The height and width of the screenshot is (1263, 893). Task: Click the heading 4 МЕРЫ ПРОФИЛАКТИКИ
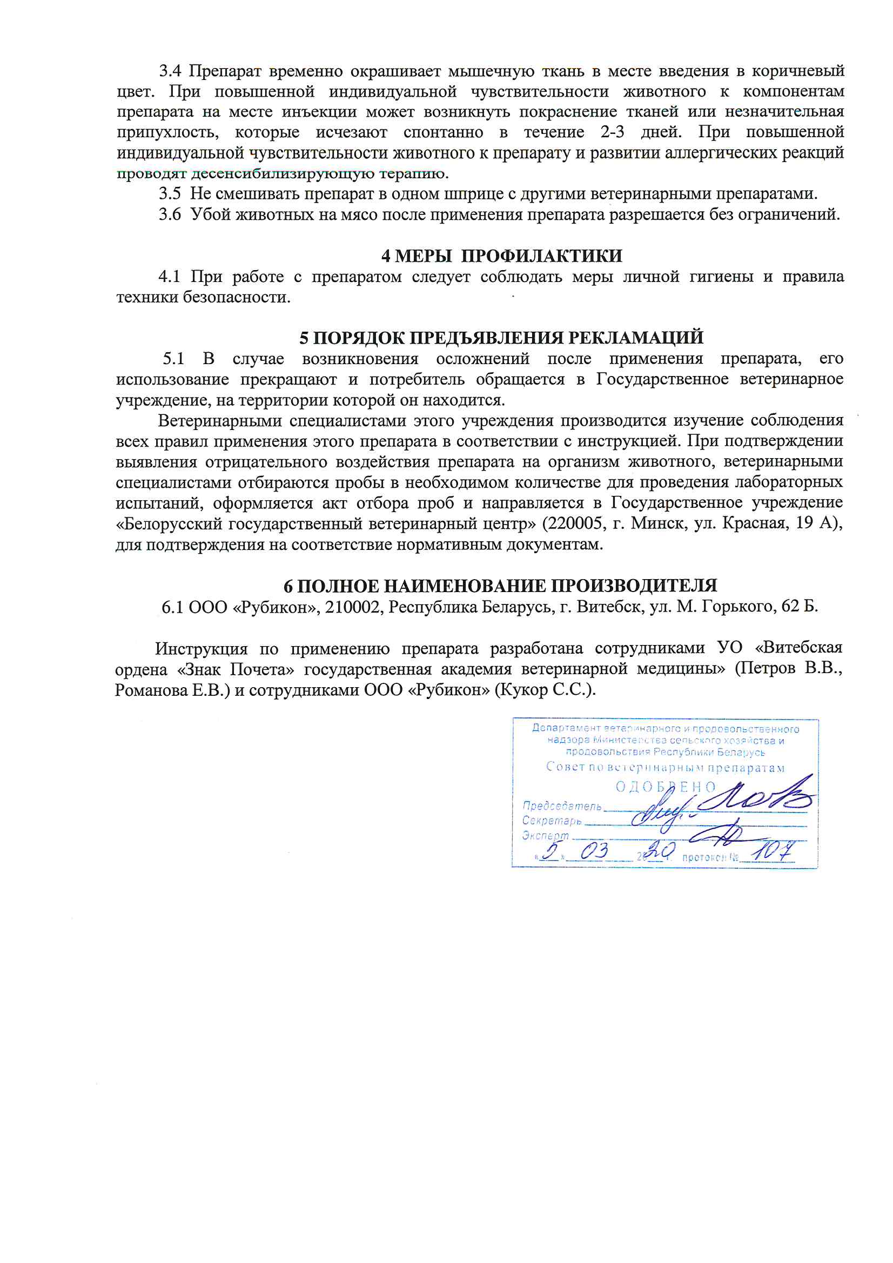(x=501, y=256)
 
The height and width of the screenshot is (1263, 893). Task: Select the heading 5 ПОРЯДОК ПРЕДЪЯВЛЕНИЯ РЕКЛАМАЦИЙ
(x=501, y=337)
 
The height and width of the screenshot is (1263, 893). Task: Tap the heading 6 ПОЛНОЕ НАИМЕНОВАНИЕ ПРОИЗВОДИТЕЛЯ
(x=500, y=585)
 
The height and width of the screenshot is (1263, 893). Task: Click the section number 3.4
(x=170, y=71)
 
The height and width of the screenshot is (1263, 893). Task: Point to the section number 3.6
(x=170, y=214)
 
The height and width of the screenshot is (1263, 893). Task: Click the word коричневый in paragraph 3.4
(x=798, y=71)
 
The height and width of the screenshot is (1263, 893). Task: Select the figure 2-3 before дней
(x=613, y=132)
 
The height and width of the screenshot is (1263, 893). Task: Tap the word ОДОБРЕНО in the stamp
(x=665, y=787)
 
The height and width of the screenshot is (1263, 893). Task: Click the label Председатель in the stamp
(x=562, y=806)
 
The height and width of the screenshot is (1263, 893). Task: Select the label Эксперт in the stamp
(x=545, y=836)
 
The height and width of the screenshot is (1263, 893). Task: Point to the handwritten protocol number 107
(x=774, y=851)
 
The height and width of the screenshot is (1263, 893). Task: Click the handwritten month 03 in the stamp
(x=594, y=851)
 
